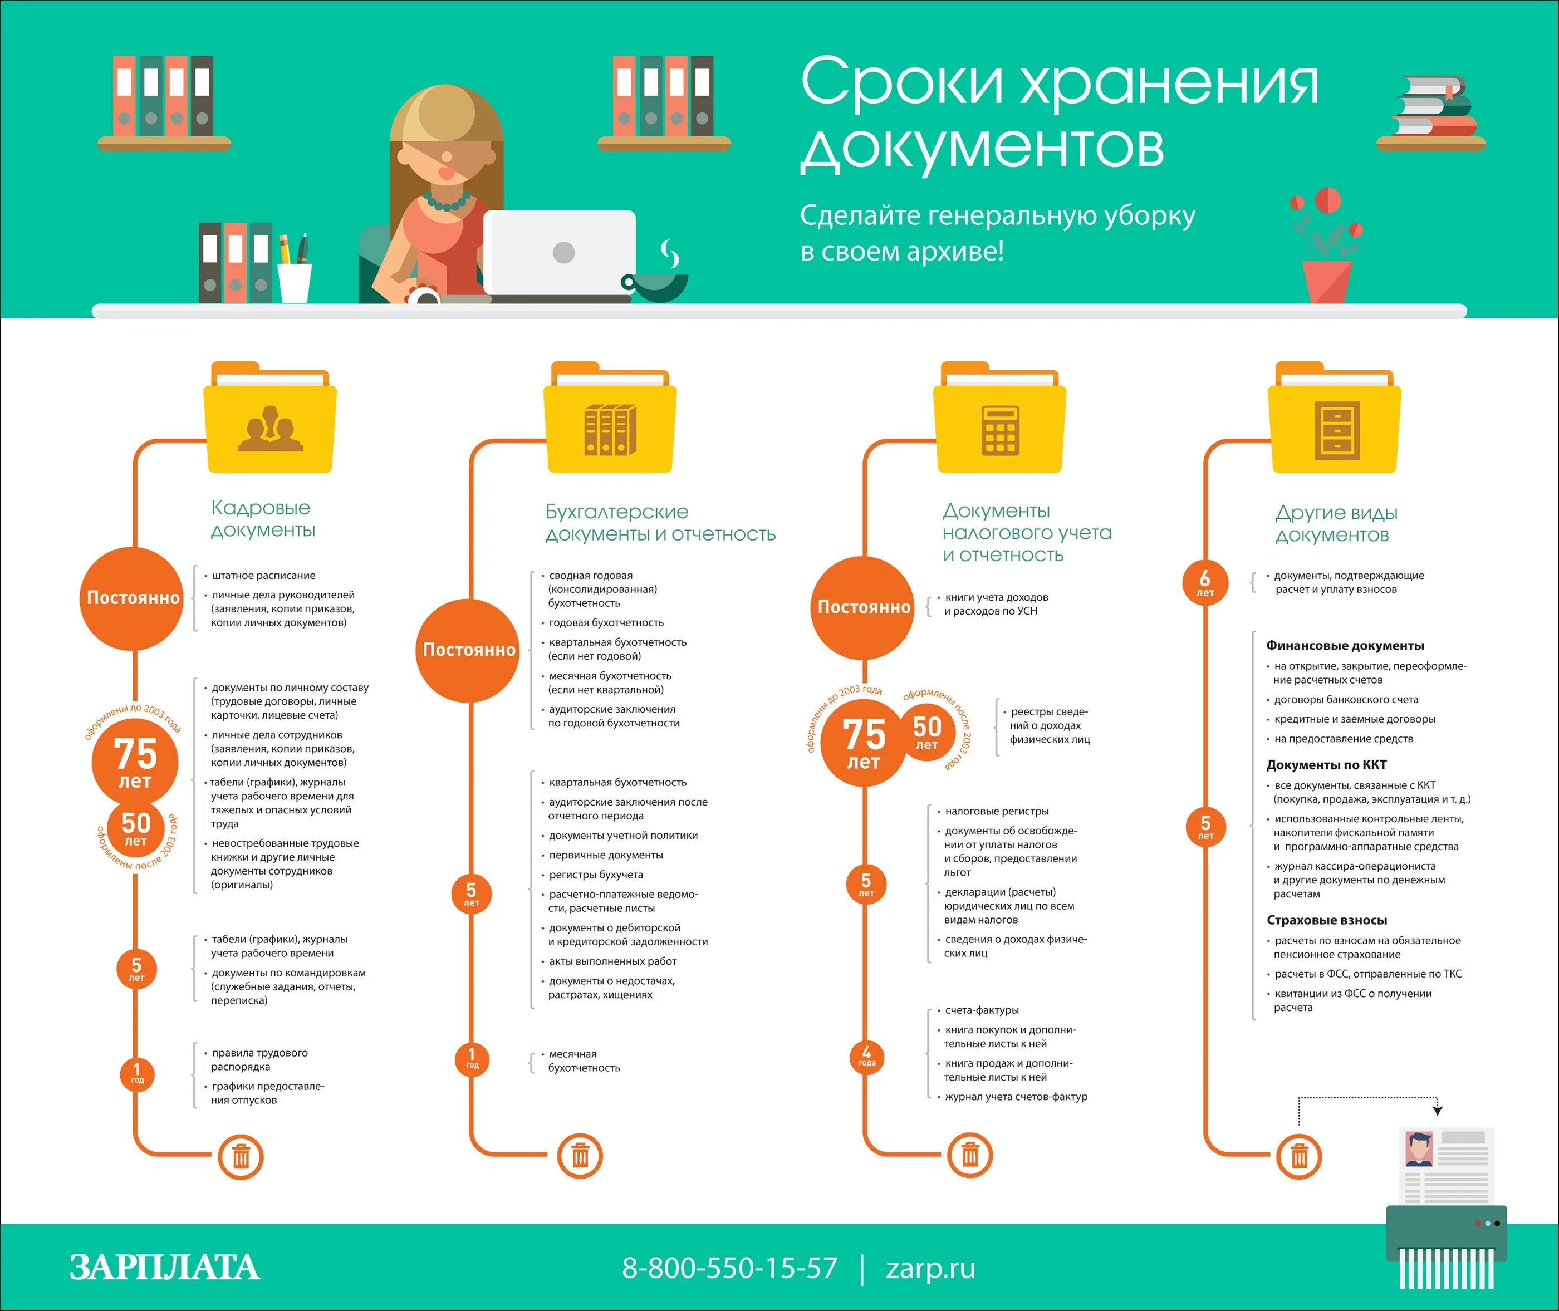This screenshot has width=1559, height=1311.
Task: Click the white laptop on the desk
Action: [560, 253]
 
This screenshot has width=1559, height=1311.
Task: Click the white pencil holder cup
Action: [295, 282]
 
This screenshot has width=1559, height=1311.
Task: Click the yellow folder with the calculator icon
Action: [1000, 428]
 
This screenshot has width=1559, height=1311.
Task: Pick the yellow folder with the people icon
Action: [270, 428]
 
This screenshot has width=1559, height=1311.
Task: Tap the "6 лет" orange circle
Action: [1205, 582]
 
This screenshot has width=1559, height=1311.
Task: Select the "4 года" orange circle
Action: [866, 1055]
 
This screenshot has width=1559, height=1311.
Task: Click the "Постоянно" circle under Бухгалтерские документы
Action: [468, 650]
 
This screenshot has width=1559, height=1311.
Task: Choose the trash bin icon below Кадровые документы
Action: [241, 1156]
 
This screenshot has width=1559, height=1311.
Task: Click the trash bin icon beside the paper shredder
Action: [1299, 1156]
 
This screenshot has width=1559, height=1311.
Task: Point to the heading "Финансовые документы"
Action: [1345, 645]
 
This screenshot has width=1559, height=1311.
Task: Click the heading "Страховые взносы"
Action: [1326, 919]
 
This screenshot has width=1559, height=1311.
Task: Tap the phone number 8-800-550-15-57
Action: [729, 1267]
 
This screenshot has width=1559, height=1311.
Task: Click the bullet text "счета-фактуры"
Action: [982, 1010]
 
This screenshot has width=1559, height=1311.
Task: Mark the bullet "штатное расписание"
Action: [263, 575]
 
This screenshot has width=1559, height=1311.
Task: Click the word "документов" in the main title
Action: [982, 147]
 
